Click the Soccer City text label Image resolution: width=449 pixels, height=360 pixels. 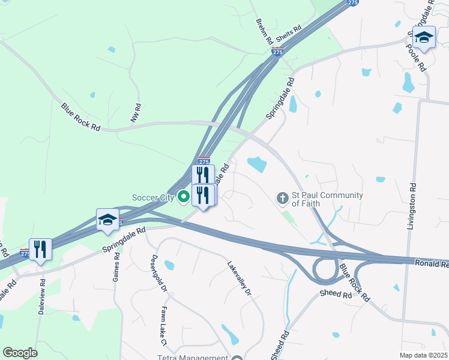(153, 197)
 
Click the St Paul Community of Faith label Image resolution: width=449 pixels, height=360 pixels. (327, 199)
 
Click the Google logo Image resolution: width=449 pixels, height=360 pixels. (20, 353)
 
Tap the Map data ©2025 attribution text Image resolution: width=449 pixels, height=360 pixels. (423, 355)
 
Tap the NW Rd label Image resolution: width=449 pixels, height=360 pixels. (137, 113)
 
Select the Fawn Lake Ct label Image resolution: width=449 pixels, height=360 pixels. (163, 327)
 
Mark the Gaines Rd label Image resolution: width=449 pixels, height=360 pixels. (116, 266)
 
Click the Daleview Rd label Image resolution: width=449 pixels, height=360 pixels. (41, 293)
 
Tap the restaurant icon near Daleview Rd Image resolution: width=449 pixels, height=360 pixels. (40, 248)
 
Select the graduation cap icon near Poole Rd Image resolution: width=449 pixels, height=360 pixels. (424, 37)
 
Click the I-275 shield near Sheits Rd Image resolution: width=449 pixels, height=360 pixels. (277, 52)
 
